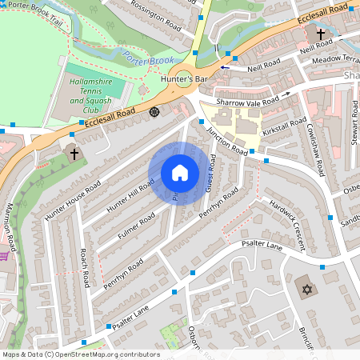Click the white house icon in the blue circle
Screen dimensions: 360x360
[x=180, y=173]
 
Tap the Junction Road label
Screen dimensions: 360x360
[x=226, y=138]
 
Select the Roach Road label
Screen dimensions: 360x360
[x=82, y=267]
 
